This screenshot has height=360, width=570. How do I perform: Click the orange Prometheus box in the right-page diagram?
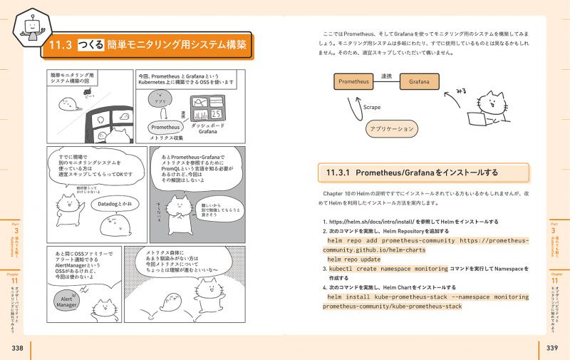tap(356, 82)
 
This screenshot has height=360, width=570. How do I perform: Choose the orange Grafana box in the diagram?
tap(419, 82)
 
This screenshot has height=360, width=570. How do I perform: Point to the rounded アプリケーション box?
tap(390, 129)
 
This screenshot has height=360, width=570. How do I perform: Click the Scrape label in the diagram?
tap(371, 108)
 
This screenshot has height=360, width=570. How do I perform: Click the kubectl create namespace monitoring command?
tap(387, 269)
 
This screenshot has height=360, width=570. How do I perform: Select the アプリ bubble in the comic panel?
tap(164, 101)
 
